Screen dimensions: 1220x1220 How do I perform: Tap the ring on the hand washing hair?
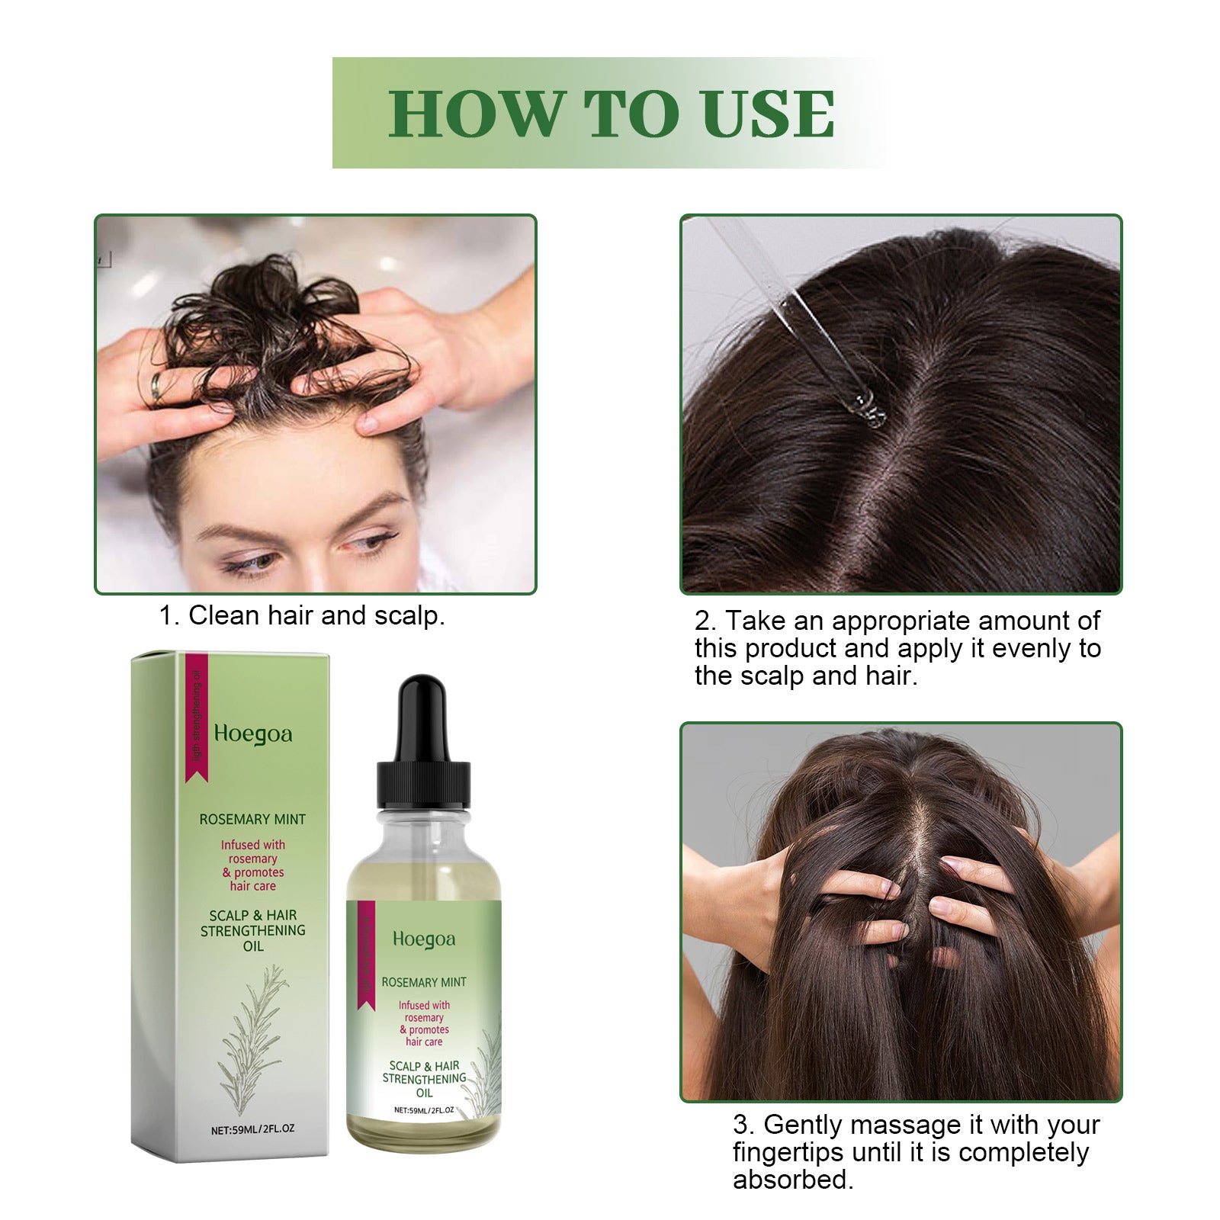click(x=156, y=387)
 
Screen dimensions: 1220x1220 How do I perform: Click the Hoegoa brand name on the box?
click(x=252, y=734)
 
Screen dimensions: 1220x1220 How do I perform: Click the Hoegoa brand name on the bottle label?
click(x=424, y=939)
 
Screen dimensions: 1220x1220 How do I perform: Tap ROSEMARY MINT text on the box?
click(x=252, y=820)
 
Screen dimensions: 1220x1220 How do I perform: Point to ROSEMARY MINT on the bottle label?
click(x=424, y=982)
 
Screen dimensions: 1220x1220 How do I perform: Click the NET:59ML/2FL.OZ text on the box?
click(x=252, y=1129)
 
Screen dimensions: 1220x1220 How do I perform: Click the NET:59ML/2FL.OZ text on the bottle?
click(x=424, y=1110)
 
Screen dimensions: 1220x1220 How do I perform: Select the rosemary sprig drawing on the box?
click(x=252, y=1037)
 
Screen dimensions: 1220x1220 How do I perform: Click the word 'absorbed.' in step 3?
click(x=793, y=1180)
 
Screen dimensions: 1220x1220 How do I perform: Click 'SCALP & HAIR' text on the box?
click(x=252, y=915)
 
